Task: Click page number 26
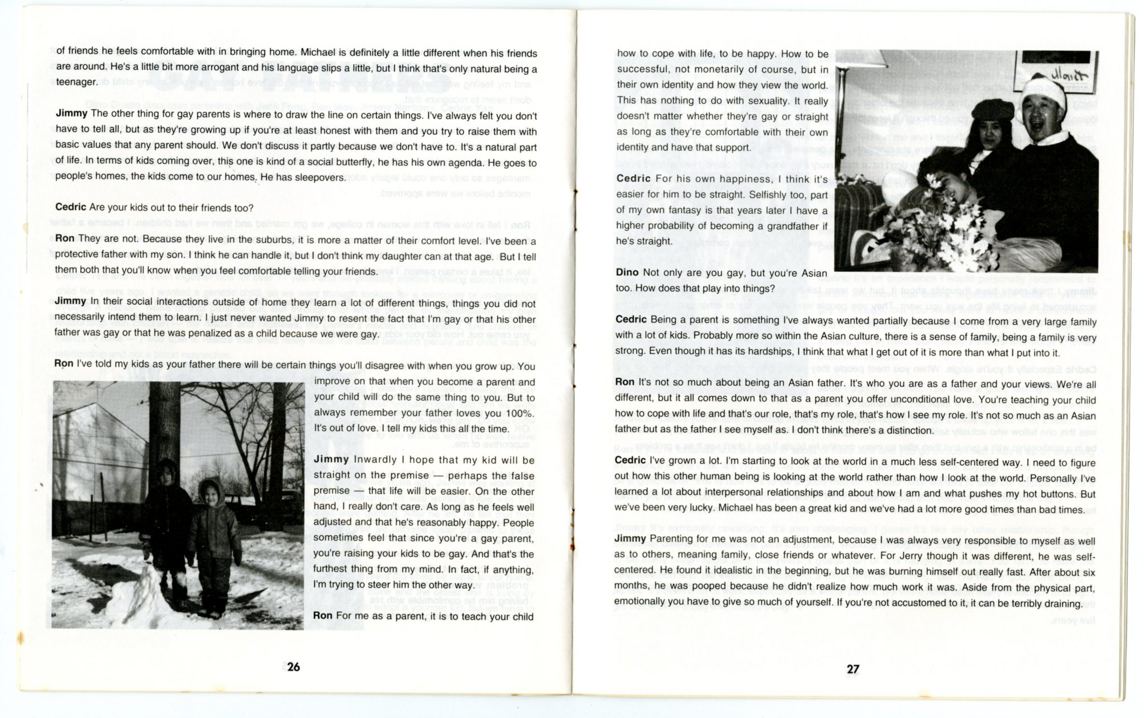tap(293, 667)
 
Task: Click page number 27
tap(852, 669)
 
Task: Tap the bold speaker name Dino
tap(627, 272)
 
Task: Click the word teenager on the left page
tap(76, 82)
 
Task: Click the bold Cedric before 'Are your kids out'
tap(70, 207)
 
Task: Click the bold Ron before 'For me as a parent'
tap(323, 617)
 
